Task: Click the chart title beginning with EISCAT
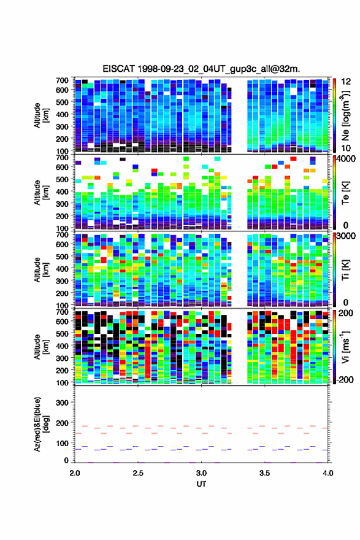(x=201, y=69)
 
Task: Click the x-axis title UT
(x=201, y=484)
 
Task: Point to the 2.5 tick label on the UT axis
(x=138, y=473)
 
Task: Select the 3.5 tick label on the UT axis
(x=264, y=473)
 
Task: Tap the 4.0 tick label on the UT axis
(x=327, y=473)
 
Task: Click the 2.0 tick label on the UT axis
(x=75, y=473)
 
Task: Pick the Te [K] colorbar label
(x=345, y=192)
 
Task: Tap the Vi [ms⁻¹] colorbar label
(x=345, y=347)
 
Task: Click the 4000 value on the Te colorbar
(x=347, y=159)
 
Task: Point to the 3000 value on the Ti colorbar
(x=347, y=236)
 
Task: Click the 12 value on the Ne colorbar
(x=346, y=82)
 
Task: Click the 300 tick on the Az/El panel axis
(x=62, y=403)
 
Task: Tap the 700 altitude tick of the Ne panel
(x=62, y=80)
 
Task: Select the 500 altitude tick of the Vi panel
(x=62, y=333)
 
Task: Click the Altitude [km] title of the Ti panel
(x=41, y=269)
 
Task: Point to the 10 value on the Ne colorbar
(x=346, y=148)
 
